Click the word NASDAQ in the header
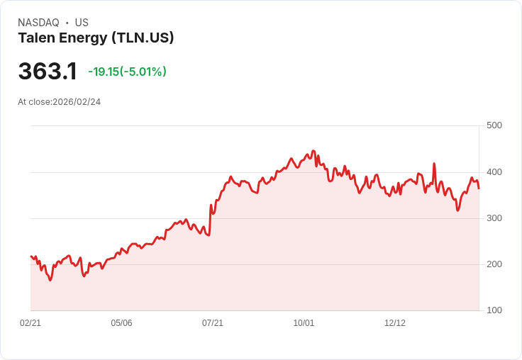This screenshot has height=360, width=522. click(38, 23)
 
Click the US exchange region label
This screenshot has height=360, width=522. click(82, 23)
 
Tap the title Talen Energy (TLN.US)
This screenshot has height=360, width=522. click(96, 38)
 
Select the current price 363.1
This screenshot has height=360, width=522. click(48, 72)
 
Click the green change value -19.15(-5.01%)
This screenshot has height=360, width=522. click(127, 72)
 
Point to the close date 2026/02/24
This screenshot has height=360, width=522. click(77, 102)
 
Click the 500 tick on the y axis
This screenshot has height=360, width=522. click(494, 125)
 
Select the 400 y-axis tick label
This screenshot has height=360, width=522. click(494, 172)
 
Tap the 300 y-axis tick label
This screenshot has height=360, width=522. click(494, 218)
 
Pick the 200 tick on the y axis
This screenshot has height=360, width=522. click(494, 264)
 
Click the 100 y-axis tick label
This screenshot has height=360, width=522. click(494, 310)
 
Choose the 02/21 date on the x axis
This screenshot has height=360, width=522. click(30, 323)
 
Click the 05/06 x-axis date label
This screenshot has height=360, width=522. click(121, 323)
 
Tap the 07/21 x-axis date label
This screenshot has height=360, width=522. click(213, 323)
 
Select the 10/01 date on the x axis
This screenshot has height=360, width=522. click(304, 323)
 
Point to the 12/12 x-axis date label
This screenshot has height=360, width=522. click(395, 323)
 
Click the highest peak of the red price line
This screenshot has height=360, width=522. click(313, 151)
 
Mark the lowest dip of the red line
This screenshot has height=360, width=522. click(50, 281)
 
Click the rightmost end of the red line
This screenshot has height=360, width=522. click(479, 189)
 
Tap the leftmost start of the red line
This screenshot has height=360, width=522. click(30, 257)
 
